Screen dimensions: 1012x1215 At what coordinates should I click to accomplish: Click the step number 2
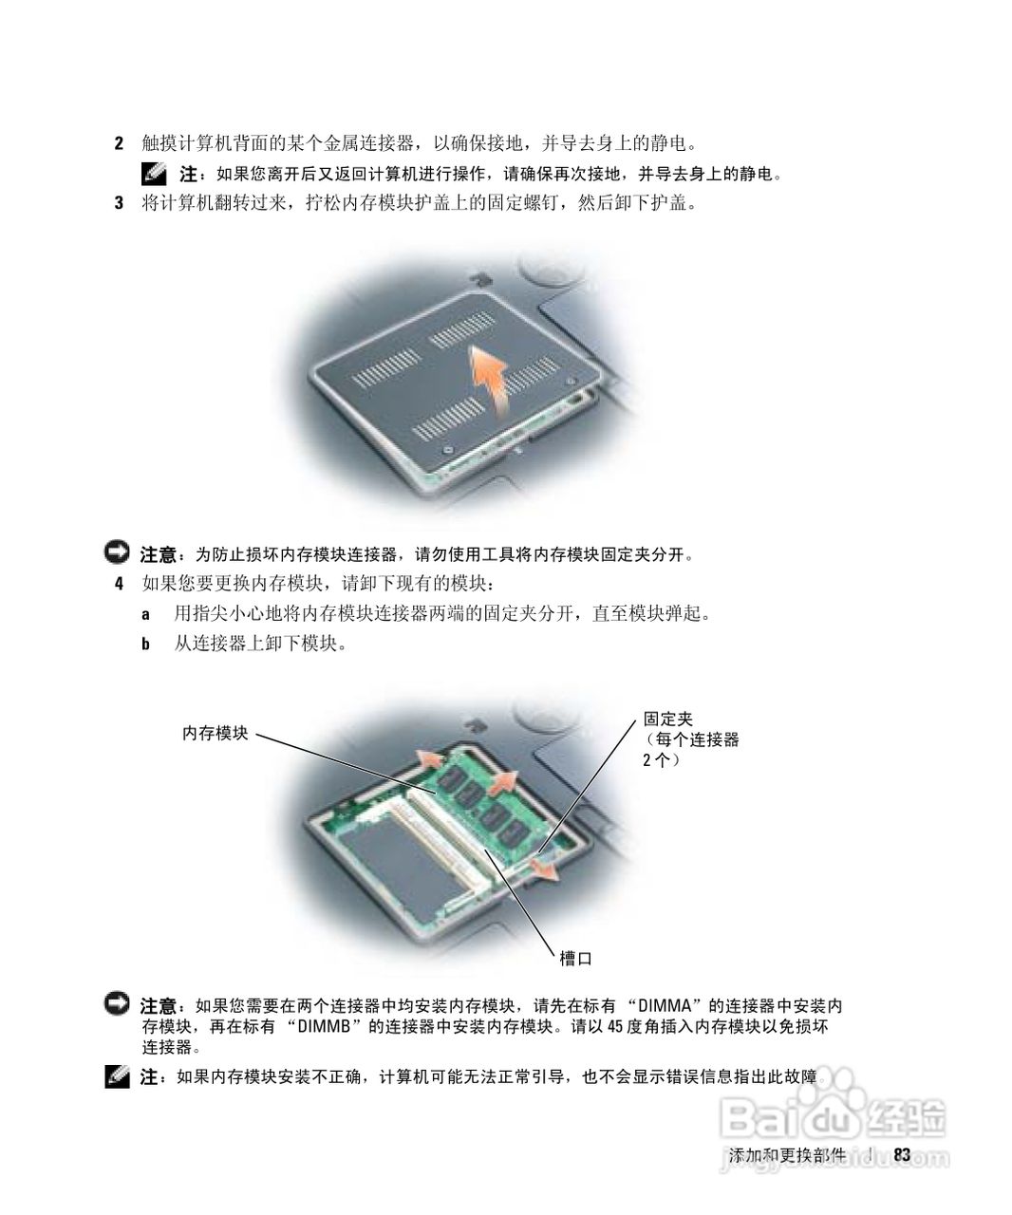tap(119, 143)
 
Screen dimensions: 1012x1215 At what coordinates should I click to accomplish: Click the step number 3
tap(119, 203)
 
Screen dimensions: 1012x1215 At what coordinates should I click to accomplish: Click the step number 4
tap(119, 583)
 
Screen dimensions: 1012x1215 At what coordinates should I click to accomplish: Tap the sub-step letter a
tap(145, 614)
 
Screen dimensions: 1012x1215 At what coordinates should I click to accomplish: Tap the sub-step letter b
tap(145, 644)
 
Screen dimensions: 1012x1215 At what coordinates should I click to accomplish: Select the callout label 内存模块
tap(216, 733)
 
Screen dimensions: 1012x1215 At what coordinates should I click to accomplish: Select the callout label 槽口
tap(575, 959)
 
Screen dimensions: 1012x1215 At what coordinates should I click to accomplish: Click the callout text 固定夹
tap(668, 720)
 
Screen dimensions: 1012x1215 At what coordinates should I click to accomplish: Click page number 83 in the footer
tap(902, 1154)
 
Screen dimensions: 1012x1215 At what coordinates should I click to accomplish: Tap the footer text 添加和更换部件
tap(787, 1155)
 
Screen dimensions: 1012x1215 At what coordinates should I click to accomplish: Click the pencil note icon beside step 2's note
tap(154, 174)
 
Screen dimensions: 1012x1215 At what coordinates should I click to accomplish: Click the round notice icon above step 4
tap(117, 552)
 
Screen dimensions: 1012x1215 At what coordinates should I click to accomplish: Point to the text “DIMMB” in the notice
tap(324, 1027)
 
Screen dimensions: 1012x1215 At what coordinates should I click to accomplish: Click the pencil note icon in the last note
tap(117, 1077)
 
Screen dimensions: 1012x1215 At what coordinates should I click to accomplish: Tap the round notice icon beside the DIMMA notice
tap(117, 1003)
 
